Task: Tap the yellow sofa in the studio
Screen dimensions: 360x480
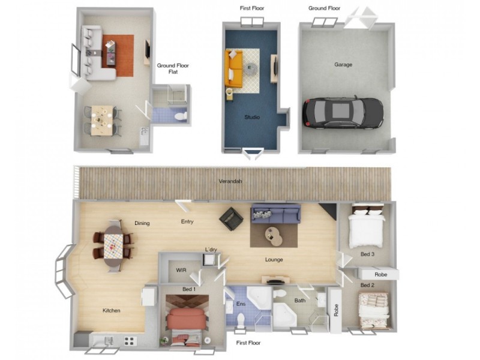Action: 233,68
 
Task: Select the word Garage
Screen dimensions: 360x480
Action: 343,64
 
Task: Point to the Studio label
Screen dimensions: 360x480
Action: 252,117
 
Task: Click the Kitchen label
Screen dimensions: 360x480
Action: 111,310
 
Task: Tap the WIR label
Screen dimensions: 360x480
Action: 181,270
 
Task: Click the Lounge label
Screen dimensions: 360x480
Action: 274,260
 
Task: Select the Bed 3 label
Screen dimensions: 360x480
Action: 367,254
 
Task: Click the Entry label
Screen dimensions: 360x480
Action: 187,222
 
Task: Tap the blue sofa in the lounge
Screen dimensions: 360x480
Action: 275,213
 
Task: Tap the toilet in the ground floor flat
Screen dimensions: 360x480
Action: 184,115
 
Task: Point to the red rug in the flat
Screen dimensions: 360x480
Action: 118,55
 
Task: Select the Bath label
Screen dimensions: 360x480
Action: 299,301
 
